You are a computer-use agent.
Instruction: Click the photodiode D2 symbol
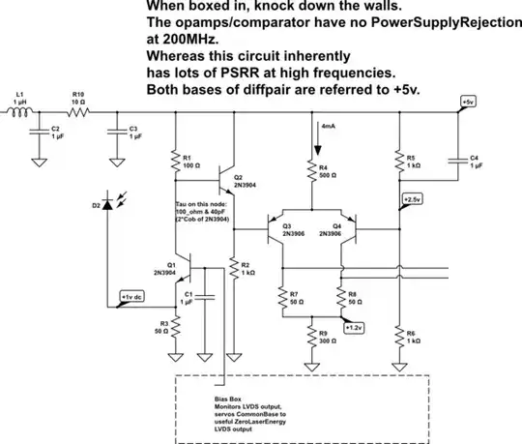(108, 205)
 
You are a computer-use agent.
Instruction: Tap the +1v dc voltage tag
(131, 297)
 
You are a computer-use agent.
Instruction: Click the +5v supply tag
(468, 102)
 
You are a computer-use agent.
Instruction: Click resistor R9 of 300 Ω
(310, 340)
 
